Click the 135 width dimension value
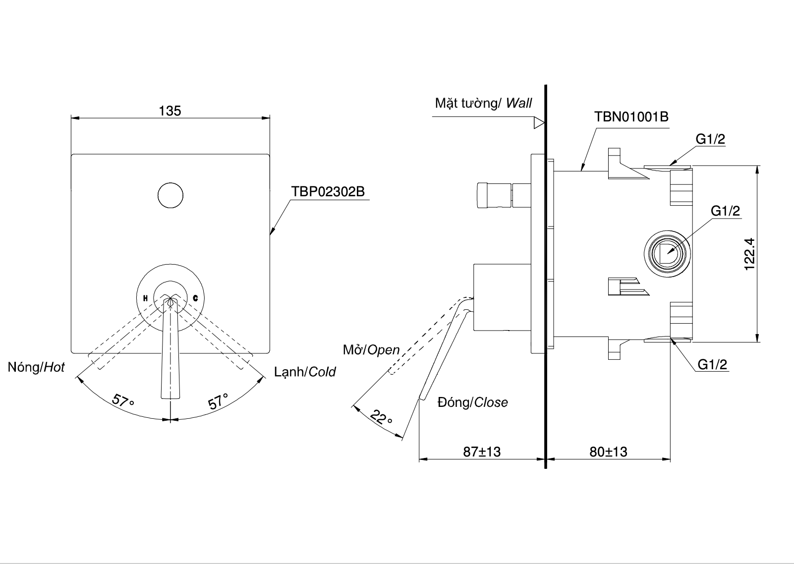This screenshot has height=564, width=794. (x=170, y=111)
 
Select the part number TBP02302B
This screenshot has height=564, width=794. (x=328, y=192)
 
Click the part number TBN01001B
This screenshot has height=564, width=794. (x=631, y=117)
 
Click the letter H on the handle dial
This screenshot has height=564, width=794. (x=145, y=298)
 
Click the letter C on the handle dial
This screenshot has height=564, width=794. (x=195, y=298)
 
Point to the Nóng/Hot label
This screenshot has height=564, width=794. (x=36, y=367)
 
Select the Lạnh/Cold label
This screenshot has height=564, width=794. (x=305, y=372)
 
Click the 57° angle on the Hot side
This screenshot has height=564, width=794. (x=123, y=400)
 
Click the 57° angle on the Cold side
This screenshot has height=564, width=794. (x=218, y=400)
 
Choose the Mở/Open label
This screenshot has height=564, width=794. (x=371, y=350)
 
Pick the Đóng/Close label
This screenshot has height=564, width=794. (x=472, y=402)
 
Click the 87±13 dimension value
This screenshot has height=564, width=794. (x=482, y=451)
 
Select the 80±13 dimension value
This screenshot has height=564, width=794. (x=608, y=451)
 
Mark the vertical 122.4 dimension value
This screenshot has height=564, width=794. (x=749, y=254)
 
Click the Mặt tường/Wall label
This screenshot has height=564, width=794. (x=483, y=103)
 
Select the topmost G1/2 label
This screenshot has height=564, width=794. (x=710, y=139)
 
